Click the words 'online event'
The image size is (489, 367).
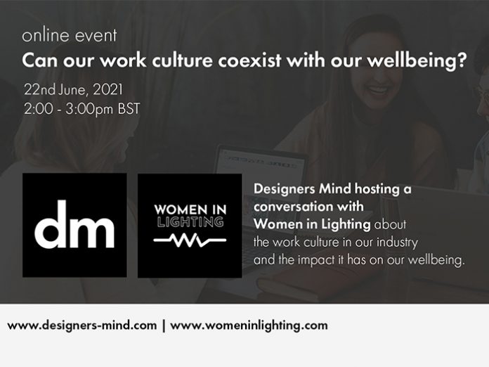(70, 35)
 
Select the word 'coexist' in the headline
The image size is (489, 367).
(249, 60)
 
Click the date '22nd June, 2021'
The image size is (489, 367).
(74, 90)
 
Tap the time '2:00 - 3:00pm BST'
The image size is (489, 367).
(82, 109)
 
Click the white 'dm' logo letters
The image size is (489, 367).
(74, 224)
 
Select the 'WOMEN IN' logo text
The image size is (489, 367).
(190, 210)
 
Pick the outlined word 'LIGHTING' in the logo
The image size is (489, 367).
(190, 222)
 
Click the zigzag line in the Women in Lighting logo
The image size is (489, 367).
(190, 240)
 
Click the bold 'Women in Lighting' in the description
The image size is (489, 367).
(312, 224)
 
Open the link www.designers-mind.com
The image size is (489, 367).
(82, 326)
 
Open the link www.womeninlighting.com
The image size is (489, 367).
(249, 326)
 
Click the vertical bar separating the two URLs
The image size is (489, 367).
(164, 326)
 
